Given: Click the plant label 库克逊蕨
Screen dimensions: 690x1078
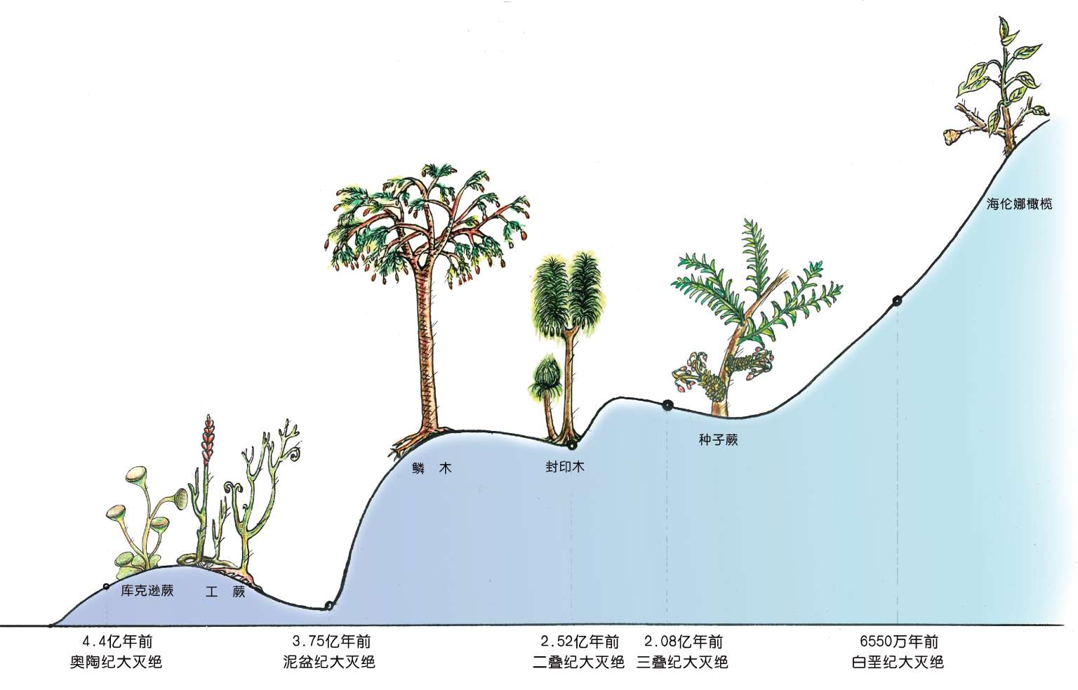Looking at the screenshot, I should point(147,591).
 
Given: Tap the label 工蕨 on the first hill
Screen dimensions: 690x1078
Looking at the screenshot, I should point(225,592).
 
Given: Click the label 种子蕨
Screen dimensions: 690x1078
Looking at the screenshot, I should point(718,441).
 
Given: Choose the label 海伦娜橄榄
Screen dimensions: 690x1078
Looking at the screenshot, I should point(1019,205).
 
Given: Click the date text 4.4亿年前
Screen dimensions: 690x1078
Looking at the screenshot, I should point(117,642).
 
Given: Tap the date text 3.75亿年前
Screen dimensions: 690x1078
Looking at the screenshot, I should point(331,642).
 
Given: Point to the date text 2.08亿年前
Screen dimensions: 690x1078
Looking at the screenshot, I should point(683,642).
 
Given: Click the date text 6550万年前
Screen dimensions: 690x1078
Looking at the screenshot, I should point(898,642).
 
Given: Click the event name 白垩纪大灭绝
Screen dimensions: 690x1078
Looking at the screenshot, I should point(898,661).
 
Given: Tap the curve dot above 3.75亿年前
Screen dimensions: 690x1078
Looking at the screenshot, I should point(329,606).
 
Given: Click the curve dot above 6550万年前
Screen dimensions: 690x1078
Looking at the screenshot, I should point(896,301).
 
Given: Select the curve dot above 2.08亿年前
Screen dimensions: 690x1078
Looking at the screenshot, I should point(667,404).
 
